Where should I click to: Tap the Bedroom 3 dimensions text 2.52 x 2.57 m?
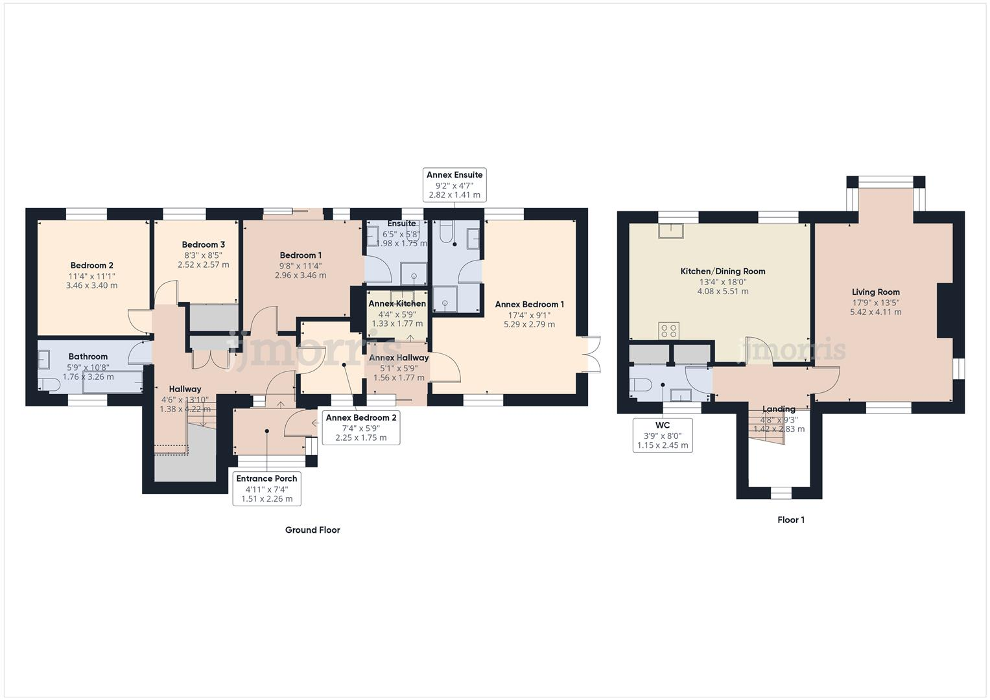[203, 264]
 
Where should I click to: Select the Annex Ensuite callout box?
[454, 185]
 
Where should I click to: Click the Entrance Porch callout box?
[266, 488]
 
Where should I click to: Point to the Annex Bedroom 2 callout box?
[360, 428]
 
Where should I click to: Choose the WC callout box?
[662, 435]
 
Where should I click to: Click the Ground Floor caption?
[312, 530]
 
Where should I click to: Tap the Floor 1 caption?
[790, 520]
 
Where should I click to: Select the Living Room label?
[875, 292]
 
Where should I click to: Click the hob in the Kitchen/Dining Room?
[668, 331]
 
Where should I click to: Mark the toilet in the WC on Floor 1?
[641, 384]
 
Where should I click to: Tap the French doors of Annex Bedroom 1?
[593, 355]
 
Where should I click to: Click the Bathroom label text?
[88, 356]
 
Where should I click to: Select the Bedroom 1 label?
[300, 255]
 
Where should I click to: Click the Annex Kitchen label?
[397, 303]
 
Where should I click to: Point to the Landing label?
[778, 409]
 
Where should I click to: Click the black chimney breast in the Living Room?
[945, 310]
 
